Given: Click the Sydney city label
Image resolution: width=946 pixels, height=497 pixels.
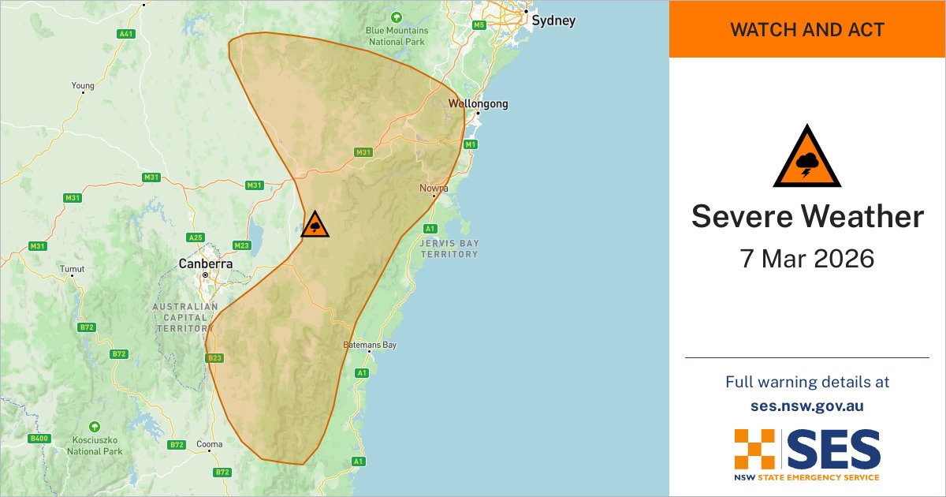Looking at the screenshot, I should (x=553, y=21).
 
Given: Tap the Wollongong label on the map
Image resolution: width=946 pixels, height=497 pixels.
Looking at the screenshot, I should (x=478, y=103).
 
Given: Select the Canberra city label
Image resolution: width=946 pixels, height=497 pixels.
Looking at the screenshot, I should (x=206, y=263).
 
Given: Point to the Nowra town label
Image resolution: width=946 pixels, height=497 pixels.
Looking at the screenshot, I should (x=434, y=189).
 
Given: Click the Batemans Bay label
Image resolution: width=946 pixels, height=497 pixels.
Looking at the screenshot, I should (x=370, y=346).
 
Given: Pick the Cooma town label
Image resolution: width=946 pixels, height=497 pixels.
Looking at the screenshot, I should (x=210, y=443).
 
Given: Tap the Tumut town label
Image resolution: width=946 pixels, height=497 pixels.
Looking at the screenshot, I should (x=72, y=269).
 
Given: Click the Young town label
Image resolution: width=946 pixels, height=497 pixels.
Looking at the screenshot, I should (x=83, y=86).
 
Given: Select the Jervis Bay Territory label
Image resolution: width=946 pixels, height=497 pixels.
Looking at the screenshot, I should (x=449, y=248).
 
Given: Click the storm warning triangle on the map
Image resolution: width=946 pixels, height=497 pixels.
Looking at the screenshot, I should (x=315, y=225).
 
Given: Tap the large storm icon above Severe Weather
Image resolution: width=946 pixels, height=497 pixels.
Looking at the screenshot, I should (x=807, y=157).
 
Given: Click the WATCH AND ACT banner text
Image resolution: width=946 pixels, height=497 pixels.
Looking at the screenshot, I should (x=807, y=30).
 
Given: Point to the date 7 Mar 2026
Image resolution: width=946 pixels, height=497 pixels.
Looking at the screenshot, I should (x=807, y=258).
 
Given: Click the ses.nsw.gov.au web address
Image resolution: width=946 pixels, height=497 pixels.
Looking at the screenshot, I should (x=807, y=405).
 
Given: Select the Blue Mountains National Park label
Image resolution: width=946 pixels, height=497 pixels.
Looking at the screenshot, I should (x=396, y=36).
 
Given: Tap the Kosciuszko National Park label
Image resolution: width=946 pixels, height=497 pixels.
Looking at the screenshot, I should (x=95, y=446).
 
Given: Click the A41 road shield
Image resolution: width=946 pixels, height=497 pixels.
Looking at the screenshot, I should (x=125, y=34).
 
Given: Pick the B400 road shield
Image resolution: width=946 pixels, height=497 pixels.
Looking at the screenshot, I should (x=38, y=438).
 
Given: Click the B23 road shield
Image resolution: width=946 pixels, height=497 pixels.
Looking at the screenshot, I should (x=214, y=358).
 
